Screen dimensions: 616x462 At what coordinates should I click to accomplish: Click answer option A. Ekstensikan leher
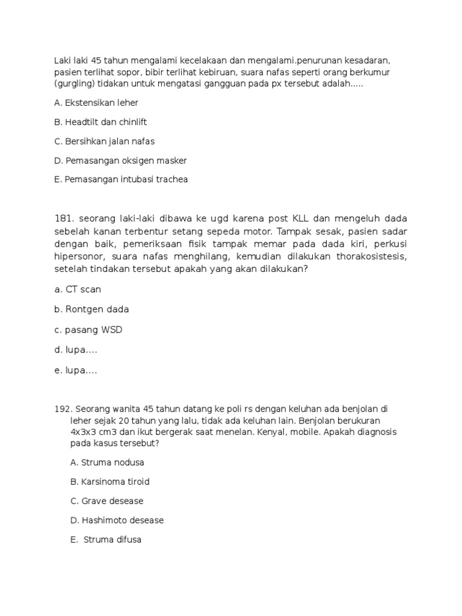pos(96,103)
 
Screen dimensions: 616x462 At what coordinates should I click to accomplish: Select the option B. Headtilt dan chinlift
pos(100,122)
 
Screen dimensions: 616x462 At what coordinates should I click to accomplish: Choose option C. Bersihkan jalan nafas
pos(104,141)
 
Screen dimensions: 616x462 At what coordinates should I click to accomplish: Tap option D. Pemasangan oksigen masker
pos(120,161)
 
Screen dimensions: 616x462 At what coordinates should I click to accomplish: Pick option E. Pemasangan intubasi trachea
pos(121,180)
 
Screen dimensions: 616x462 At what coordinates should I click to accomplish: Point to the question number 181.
pos(63,218)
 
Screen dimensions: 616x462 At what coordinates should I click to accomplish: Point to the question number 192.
pos(63,408)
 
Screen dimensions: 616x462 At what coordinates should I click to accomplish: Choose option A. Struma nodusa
pos(107,463)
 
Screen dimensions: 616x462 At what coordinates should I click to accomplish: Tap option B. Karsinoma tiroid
pos(110,482)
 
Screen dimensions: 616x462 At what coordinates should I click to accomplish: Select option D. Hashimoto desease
pos(117,520)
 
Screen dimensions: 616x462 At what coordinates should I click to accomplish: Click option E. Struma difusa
pos(106,540)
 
